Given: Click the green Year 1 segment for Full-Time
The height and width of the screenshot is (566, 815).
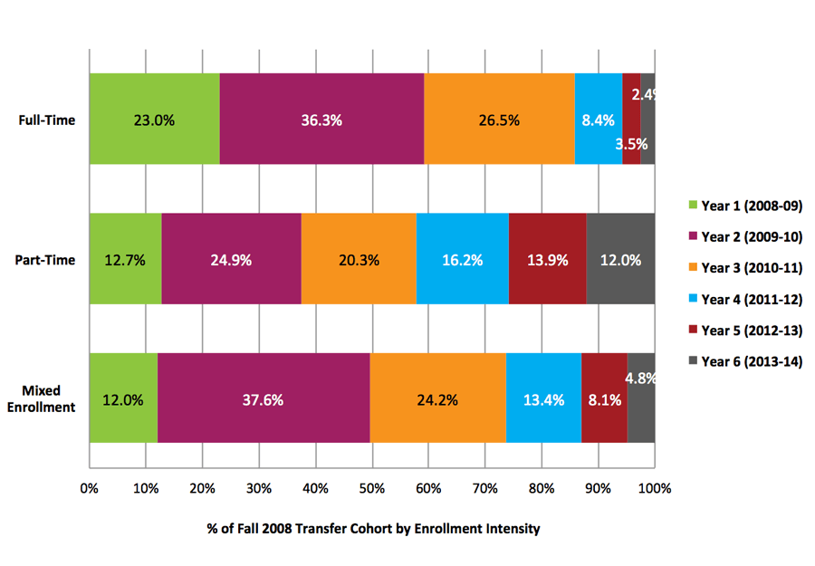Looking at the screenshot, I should pyautogui.click(x=154, y=120).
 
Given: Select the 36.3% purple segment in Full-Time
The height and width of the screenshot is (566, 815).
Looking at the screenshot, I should pyautogui.click(x=321, y=120).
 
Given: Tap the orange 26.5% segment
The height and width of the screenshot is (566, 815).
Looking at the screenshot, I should pyautogui.click(x=499, y=120).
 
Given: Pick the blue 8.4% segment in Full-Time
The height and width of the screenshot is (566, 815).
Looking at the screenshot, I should pyautogui.click(x=598, y=120).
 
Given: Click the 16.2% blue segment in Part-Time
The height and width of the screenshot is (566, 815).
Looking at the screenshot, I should pyautogui.click(x=462, y=260).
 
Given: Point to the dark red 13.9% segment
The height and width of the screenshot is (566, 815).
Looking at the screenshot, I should pyautogui.click(x=547, y=260).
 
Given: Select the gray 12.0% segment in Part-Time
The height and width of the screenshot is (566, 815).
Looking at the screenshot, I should pyautogui.click(x=620, y=260).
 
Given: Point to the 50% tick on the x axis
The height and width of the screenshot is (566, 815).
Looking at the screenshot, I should pyautogui.click(x=371, y=489).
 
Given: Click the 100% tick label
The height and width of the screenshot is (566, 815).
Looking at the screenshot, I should pyautogui.click(x=654, y=489).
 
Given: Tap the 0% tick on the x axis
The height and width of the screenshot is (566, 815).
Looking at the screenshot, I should pyautogui.click(x=89, y=489).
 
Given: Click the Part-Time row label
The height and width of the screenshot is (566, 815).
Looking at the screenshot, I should pyautogui.click(x=47, y=260).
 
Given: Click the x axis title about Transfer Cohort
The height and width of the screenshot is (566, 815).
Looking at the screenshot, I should pyautogui.click(x=371, y=529).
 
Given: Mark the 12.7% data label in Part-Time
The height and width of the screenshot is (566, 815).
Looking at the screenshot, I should pyautogui.click(x=124, y=260).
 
